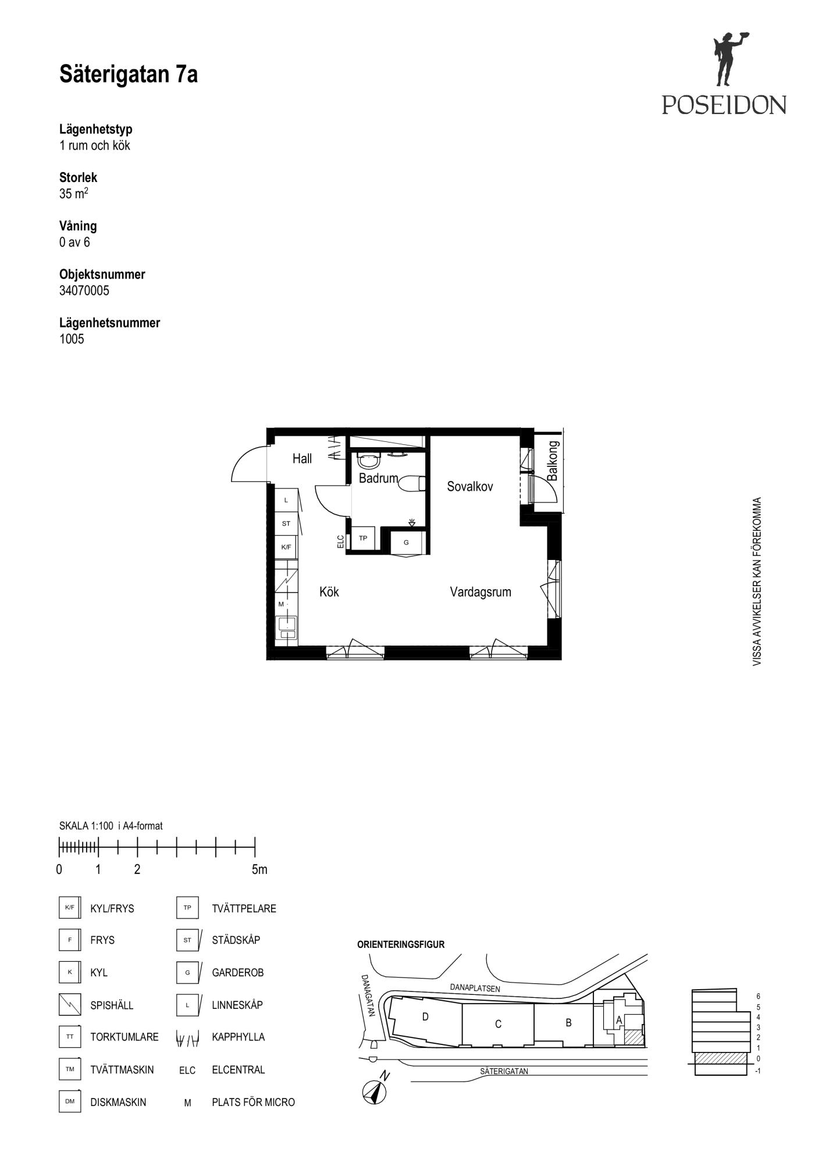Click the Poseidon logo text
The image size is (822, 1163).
point(724,105)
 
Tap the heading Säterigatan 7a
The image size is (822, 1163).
point(129,74)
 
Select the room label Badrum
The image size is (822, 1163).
point(378,479)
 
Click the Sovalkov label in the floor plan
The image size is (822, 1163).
point(470,487)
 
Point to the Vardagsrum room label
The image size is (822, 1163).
point(481,592)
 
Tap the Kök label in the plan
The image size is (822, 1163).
point(329,592)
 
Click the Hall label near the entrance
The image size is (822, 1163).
point(302,459)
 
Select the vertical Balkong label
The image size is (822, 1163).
point(553,461)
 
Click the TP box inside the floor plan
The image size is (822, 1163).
point(363,538)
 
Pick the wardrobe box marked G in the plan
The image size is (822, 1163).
point(407,543)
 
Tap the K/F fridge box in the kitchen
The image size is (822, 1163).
point(286,547)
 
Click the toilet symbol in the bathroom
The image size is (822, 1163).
point(413,484)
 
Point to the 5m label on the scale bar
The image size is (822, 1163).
point(259,869)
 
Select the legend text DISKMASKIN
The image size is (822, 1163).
point(118,1102)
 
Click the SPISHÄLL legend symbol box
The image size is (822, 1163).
point(70,1004)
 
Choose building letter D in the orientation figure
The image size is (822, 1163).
point(425,1017)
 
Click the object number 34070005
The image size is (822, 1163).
point(84,291)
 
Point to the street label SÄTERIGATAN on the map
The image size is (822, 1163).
point(504,1071)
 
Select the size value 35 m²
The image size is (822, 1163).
point(74,193)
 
